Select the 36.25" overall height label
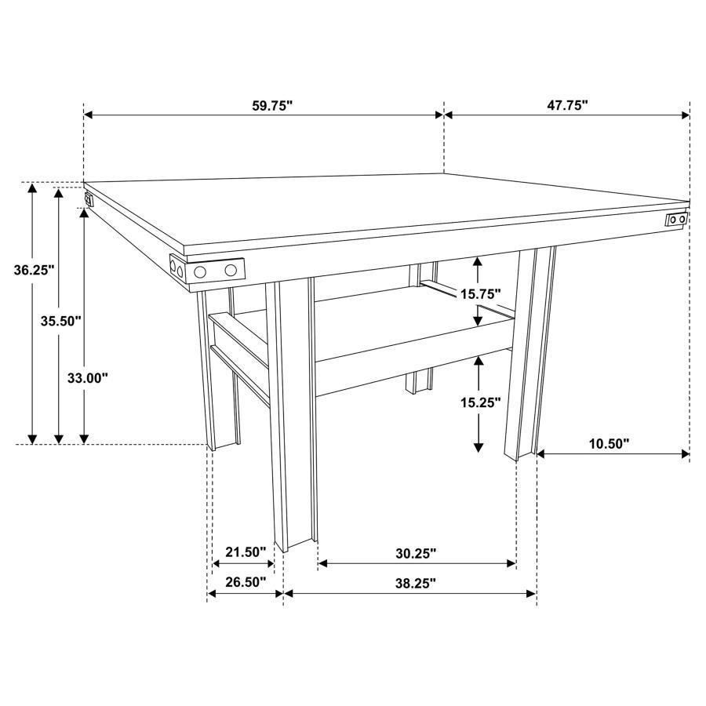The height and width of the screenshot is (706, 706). click(x=34, y=270)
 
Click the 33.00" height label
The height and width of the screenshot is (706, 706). click(x=87, y=377)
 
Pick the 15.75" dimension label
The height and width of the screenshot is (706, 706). click(x=480, y=293)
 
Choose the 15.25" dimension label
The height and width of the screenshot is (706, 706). click(x=480, y=402)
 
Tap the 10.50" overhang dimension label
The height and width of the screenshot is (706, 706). click(x=609, y=444)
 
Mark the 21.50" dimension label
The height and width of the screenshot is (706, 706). click(x=246, y=552)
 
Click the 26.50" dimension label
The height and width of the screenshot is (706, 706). click(x=246, y=582)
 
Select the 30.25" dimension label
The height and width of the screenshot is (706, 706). click(x=416, y=553)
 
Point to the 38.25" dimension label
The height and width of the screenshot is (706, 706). click(x=416, y=582)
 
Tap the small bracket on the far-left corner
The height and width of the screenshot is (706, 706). click(x=89, y=198)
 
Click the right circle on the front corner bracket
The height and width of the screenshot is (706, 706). click(x=231, y=271)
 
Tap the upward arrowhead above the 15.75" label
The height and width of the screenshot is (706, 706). click(x=478, y=262)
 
